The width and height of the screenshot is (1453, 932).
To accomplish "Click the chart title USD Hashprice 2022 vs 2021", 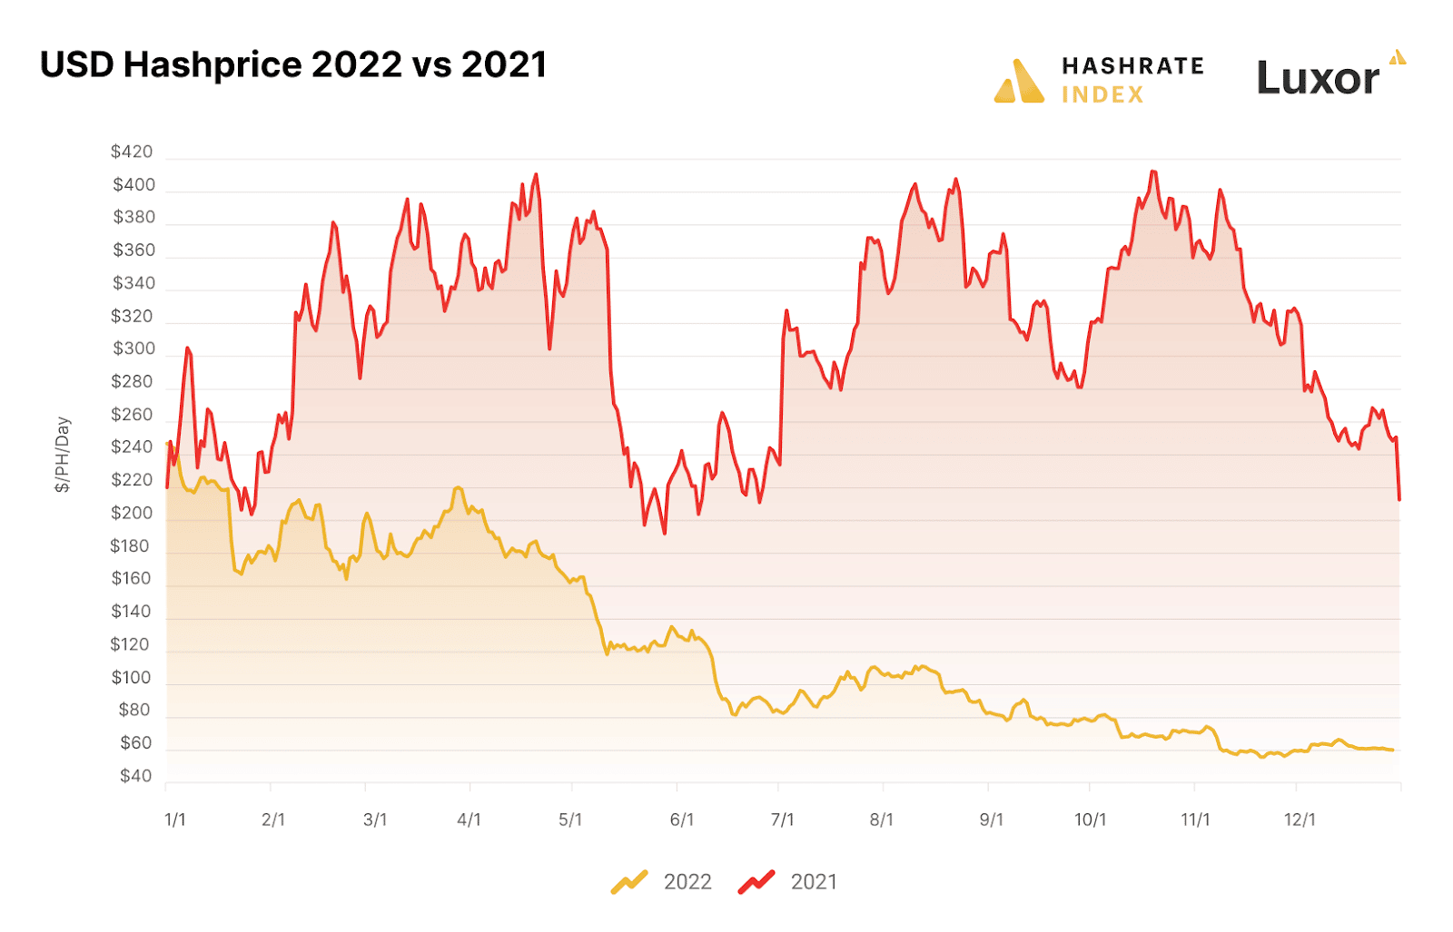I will pyautogui.click(x=293, y=65).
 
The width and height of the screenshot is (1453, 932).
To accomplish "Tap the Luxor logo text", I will pyautogui.click(x=1318, y=79).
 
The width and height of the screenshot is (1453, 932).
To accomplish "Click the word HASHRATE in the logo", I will pyautogui.click(x=1132, y=66).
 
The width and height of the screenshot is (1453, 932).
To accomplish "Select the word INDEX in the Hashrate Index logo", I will pyautogui.click(x=1102, y=94).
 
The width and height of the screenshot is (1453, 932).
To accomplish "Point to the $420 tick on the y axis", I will pyautogui.click(x=132, y=152).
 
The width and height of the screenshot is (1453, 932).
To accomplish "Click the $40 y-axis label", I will pyautogui.click(x=136, y=776).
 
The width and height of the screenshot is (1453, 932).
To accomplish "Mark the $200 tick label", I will pyautogui.click(x=132, y=513).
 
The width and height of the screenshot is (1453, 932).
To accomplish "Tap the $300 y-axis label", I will pyautogui.click(x=133, y=348).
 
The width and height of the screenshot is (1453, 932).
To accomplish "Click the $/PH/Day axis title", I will pyautogui.click(x=63, y=455).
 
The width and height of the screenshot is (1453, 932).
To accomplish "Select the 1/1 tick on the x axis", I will pyautogui.click(x=174, y=819).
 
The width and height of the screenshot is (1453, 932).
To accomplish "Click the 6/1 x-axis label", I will pyautogui.click(x=681, y=819).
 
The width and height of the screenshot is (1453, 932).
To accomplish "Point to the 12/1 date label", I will pyautogui.click(x=1300, y=819).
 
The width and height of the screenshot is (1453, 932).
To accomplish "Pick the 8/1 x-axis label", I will pyautogui.click(x=881, y=819).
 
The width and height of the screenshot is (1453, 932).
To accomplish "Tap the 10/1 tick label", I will pyautogui.click(x=1090, y=819).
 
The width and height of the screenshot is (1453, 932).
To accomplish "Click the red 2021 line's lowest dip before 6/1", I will pyautogui.click(x=664, y=532).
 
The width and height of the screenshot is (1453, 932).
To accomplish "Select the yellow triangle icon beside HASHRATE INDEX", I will pyautogui.click(x=1019, y=82).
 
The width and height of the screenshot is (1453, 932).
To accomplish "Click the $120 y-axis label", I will pyautogui.click(x=130, y=644).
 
